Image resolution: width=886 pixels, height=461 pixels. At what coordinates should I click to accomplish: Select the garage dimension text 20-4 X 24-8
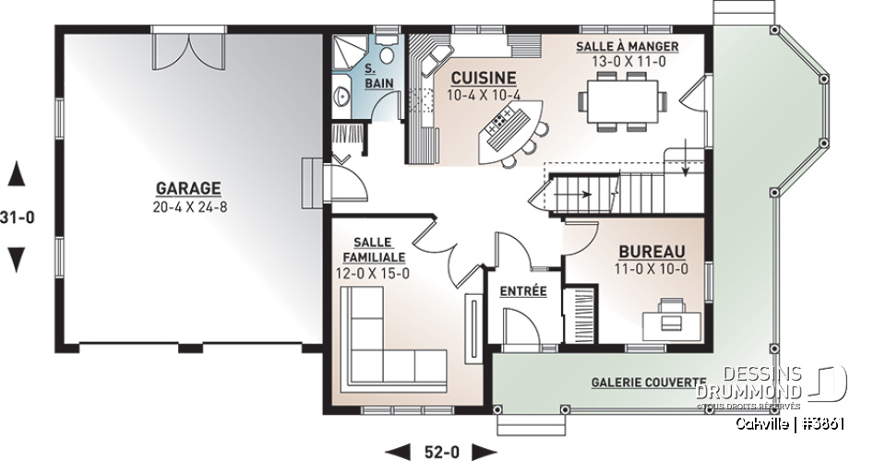191,207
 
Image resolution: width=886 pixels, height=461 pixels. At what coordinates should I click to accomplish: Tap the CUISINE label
483,78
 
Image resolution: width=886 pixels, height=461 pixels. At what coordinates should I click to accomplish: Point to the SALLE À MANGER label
628,46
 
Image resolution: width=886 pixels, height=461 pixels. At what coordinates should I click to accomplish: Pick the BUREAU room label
652,251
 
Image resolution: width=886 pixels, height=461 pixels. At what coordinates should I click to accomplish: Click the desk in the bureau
671,315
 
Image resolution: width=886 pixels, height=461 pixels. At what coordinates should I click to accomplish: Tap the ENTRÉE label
523,291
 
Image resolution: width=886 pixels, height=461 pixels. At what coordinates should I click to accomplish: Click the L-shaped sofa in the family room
388,346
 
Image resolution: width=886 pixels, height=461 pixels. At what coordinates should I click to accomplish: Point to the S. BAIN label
376,77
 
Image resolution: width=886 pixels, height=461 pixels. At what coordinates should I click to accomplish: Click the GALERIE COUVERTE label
648,383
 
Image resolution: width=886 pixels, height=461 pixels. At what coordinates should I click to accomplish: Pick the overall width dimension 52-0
440,451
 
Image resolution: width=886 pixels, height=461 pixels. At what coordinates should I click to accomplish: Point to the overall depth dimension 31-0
16,219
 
